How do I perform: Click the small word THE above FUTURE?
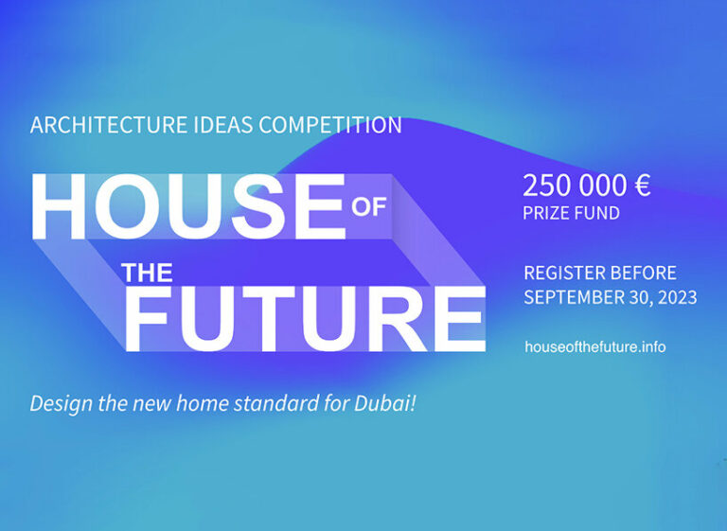[147, 274]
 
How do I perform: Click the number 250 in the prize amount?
[542, 186]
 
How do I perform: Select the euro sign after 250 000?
[641, 186]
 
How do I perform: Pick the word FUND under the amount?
[599, 214]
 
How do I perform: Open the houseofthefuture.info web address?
[594, 347]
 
